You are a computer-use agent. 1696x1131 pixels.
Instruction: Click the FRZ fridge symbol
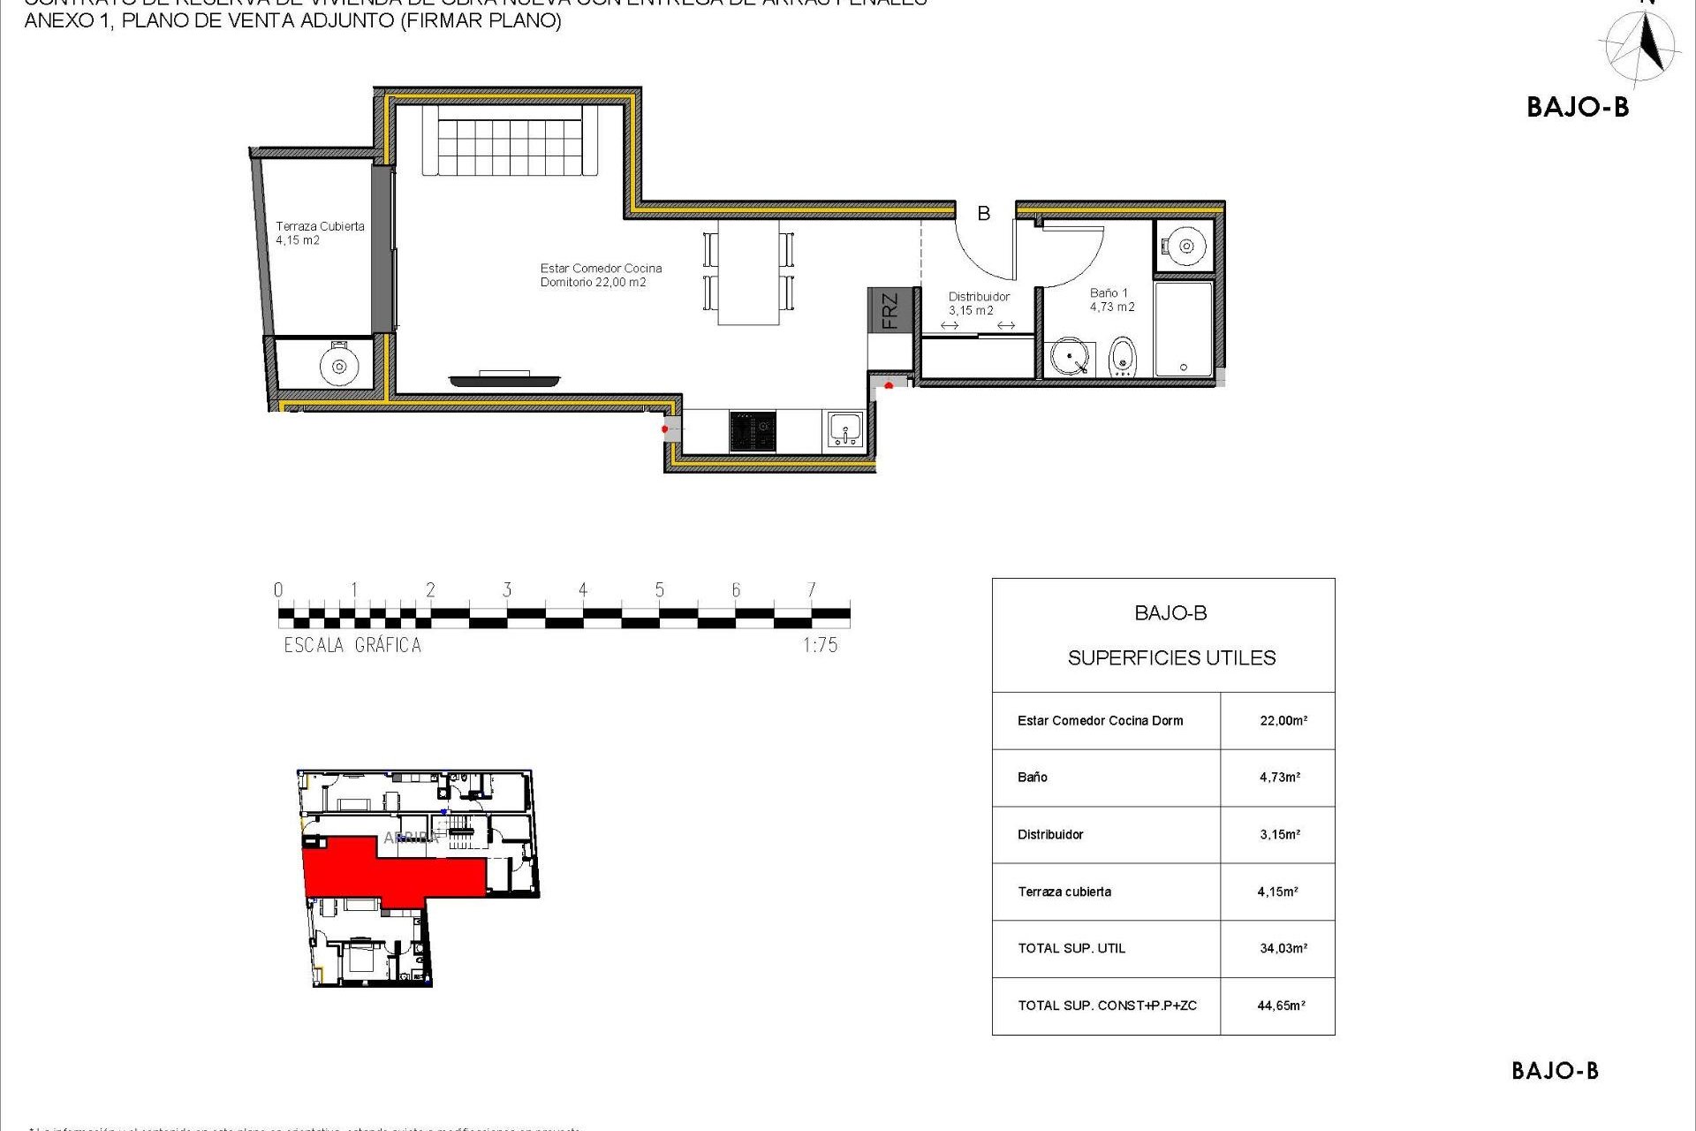click(890, 310)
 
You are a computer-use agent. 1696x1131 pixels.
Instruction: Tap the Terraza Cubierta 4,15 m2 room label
click(319, 233)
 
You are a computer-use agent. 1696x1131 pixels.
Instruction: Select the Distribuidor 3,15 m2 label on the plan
click(978, 303)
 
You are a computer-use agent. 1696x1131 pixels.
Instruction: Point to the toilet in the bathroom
click(1122, 357)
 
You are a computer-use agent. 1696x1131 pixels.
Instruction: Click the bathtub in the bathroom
click(1184, 329)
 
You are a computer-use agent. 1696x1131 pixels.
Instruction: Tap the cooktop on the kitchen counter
click(753, 432)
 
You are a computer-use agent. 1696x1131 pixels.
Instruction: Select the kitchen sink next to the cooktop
click(845, 430)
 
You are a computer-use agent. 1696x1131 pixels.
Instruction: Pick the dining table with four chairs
click(748, 272)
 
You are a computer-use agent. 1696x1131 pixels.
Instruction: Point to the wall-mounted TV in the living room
click(504, 380)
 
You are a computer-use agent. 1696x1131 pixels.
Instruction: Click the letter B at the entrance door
click(983, 213)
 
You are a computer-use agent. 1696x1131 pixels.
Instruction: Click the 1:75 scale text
click(820, 645)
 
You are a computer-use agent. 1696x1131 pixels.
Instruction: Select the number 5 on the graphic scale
click(659, 590)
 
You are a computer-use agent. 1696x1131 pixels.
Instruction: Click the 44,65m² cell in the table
click(1281, 1006)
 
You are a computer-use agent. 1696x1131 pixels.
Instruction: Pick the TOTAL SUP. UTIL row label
click(1071, 948)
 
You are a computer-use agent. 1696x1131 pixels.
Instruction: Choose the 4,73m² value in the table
click(1279, 778)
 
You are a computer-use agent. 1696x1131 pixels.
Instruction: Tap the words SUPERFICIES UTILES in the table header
click(1171, 657)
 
